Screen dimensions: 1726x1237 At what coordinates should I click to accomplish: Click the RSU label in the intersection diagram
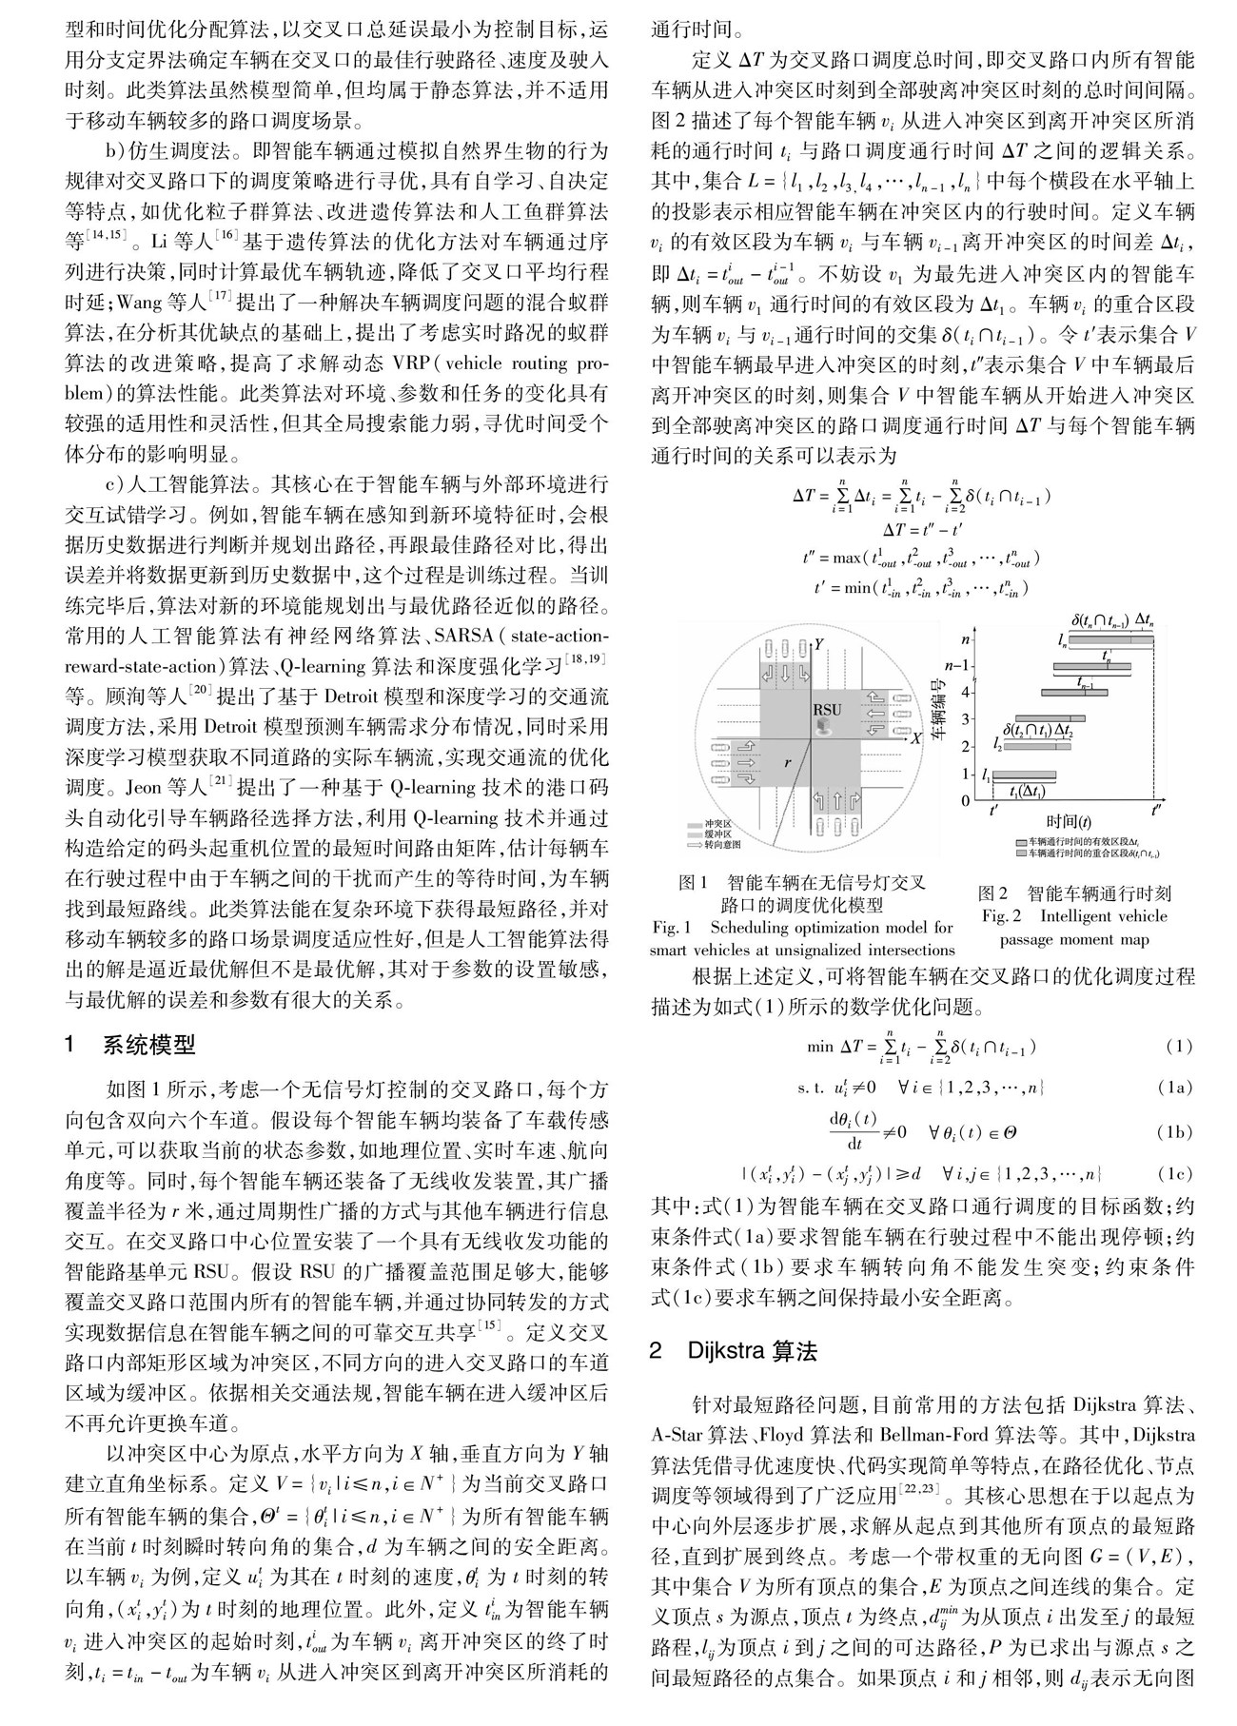(827, 708)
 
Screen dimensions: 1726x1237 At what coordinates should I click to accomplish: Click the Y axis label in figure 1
(817, 644)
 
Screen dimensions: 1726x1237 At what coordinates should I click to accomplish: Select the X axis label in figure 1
(915, 737)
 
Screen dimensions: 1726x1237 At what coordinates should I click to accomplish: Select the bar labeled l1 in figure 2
(1024, 774)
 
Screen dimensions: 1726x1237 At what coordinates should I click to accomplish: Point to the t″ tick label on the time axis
(1155, 810)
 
